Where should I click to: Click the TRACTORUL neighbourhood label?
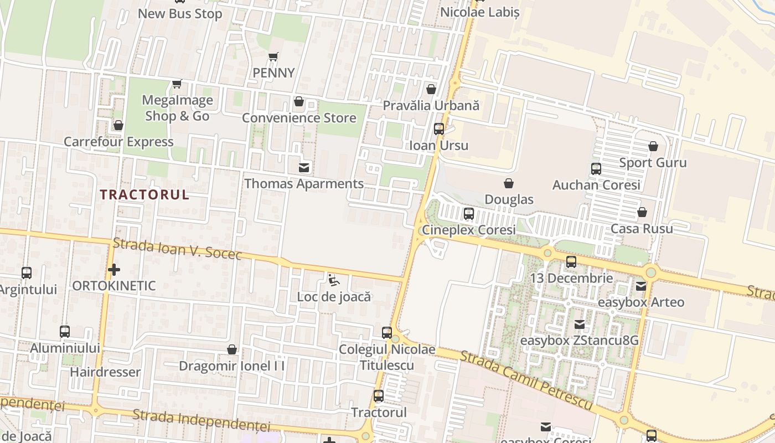pos(145,194)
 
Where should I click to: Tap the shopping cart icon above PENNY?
pos(273,56)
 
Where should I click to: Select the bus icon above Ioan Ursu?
pos(439,129)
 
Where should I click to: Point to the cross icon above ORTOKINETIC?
pos(114,270)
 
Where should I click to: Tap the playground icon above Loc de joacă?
pos(333,280)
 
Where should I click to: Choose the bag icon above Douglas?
pos(509,183)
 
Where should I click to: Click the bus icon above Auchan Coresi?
pos(596,169)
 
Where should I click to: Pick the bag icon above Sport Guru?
pos(653,146)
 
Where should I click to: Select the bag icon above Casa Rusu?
pos(642,212)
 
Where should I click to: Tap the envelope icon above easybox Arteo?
pos(641,286)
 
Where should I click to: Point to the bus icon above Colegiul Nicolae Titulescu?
pos(387,333)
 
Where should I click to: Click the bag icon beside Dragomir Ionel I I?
pos(232,350)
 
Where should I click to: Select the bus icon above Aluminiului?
pos(65,332)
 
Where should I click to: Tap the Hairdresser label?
pos(105,372)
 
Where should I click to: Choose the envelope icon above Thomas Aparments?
pos(304,167)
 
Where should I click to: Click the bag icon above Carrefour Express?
pos(118,126)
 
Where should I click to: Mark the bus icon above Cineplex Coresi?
pos(469,213)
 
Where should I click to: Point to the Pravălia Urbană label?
pos(431,105)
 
